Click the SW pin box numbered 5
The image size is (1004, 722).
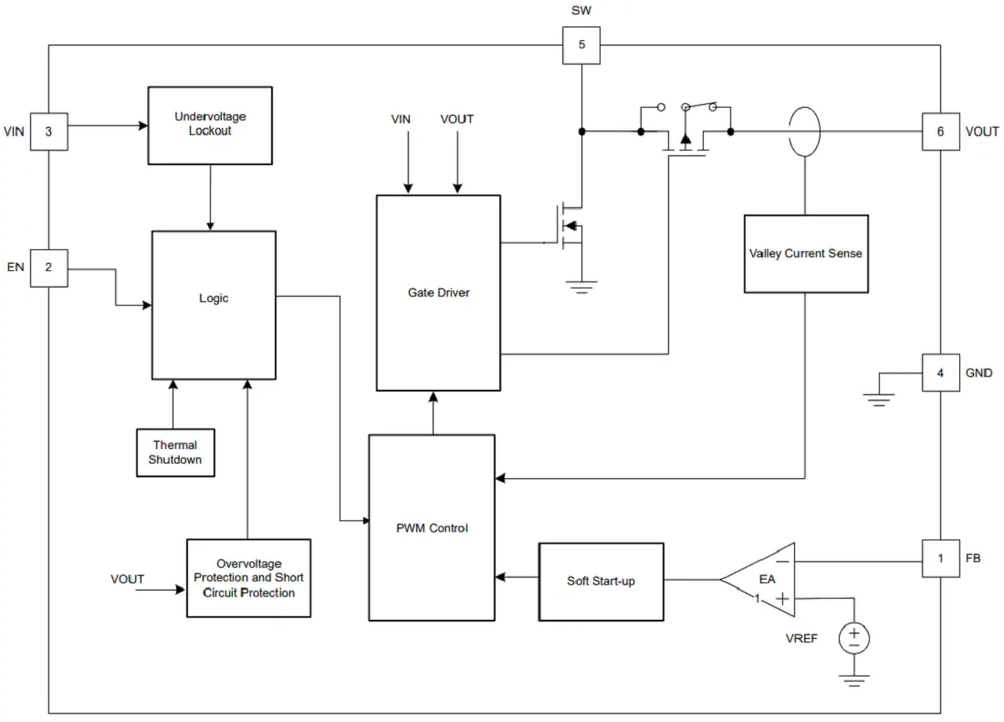(581, 45)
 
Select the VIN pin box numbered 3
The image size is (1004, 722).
(48, 131)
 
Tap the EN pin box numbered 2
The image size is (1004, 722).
(48, 267)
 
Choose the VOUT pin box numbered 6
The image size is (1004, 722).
(941, 131)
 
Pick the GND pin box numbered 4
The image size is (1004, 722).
(941, 372)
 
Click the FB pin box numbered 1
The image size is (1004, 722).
(941, 558)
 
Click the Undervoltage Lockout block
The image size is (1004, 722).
(210, 125)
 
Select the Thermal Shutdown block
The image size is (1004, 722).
(175, 453)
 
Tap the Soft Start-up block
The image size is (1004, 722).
(601, 581)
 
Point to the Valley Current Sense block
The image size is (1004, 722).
(806, 254)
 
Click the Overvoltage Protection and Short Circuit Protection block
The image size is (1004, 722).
(248, 578)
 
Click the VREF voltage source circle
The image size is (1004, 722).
(854, 638)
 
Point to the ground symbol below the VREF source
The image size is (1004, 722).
(854, 680)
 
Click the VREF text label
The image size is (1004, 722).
(801, 639)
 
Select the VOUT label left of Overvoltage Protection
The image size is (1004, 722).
(128, 580)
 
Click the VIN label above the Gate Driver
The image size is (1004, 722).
(401, 119)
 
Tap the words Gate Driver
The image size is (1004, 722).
(439, 292)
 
